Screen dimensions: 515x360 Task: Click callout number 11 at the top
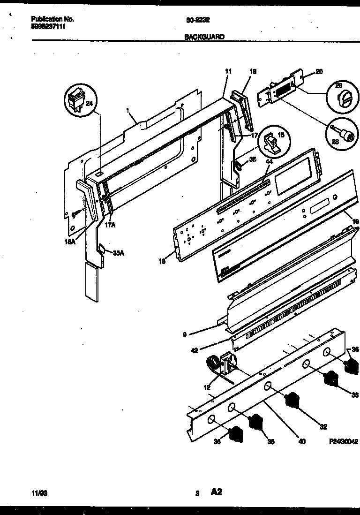tap(228, 72)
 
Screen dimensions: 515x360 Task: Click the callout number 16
tap(162, 262)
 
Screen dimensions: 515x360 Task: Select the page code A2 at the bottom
tap(217, 492)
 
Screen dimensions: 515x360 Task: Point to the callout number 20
tap(319, 72)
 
